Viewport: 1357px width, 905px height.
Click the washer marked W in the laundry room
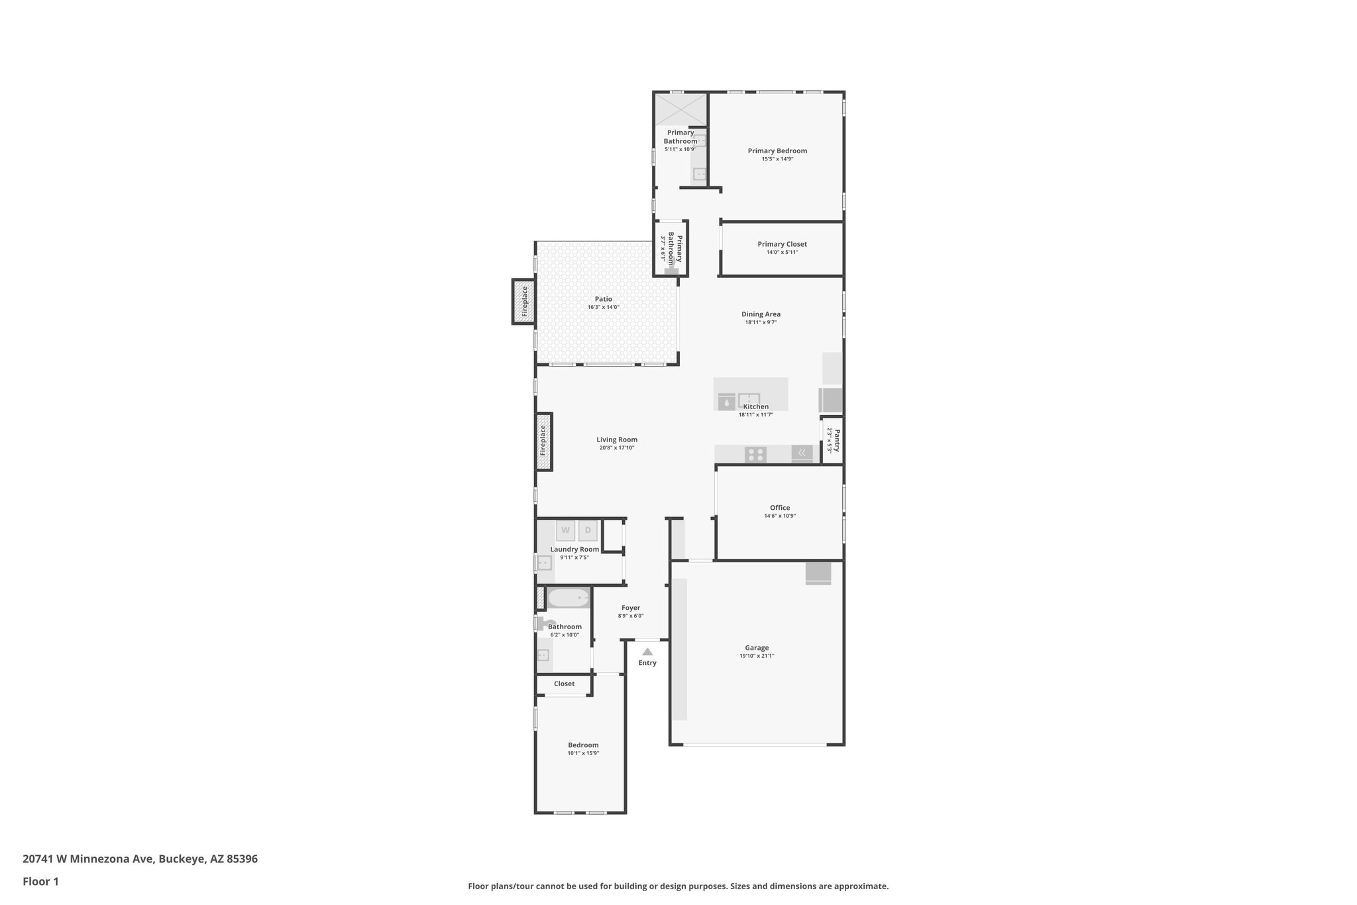coord(565,530)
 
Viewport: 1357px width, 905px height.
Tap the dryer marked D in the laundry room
coord(588,530)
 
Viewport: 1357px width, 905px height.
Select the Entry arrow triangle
coord(647,652)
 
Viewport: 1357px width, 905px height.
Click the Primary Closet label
coord(782,244)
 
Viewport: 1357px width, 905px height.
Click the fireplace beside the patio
coord(524,302)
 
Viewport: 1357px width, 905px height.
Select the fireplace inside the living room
coord(543,441)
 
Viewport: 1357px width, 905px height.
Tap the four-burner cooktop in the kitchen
coord(755,454)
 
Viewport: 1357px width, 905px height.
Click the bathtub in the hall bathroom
coord(569,598)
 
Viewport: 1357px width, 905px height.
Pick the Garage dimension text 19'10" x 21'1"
coord(757,656)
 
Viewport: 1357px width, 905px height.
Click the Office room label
coord(780,508)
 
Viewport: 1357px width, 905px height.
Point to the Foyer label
coord(631,608)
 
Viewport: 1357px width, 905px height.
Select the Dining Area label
coord(761,314)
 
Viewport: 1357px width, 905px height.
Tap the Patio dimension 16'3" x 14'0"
coord(603,308)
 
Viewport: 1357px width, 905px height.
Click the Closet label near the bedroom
coord(565,684)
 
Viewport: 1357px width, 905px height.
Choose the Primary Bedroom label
coord(777,151)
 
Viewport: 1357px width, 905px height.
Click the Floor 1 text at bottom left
coord(40,882)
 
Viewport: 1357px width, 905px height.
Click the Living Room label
coord(617,440)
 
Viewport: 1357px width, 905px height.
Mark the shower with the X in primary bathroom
coord(680,110)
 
